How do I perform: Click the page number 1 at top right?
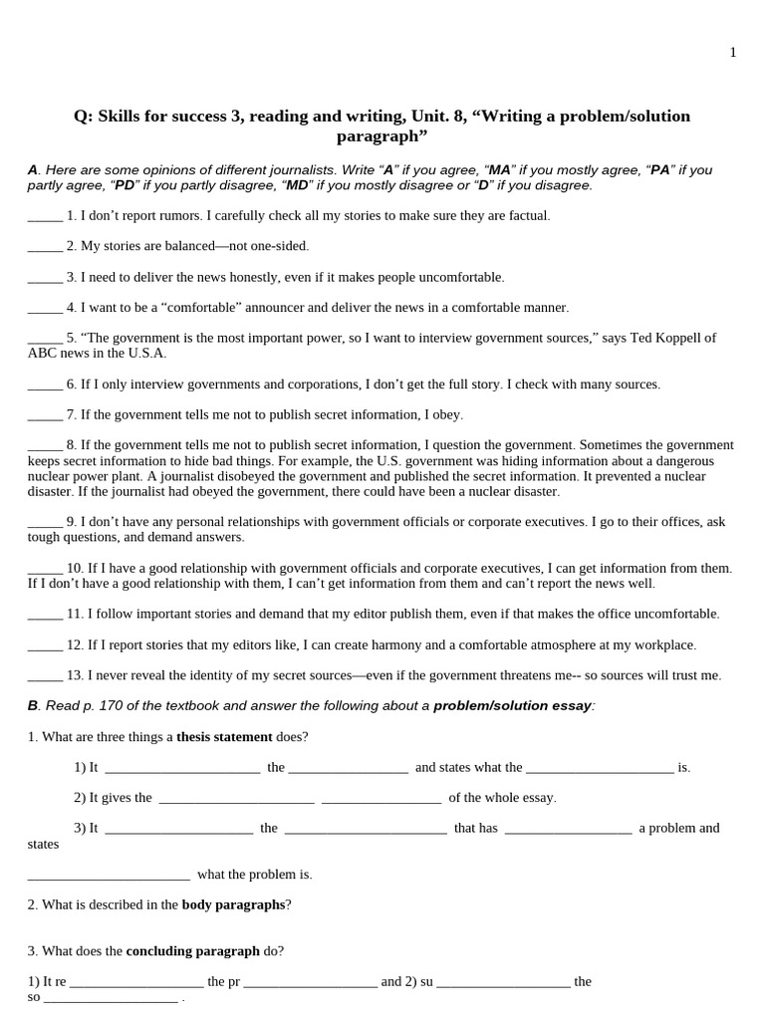[x=733, y=53]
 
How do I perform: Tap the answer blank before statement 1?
[x=45, y=216]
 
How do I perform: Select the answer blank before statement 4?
[x=45, y=308]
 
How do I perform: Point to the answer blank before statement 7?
[x=45, y=414]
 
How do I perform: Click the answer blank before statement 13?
[x=45, y=675]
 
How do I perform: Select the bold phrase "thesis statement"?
[x=224, y=737]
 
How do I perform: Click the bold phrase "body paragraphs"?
[x=233, y=904]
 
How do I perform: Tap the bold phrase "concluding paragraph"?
[x=192, y=951]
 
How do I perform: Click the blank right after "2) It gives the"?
[x=236, y=799]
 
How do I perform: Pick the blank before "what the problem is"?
[x=109, y=876]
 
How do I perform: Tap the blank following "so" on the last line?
[x=111, y=998]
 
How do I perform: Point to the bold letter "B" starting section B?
[x=33, y=706]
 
